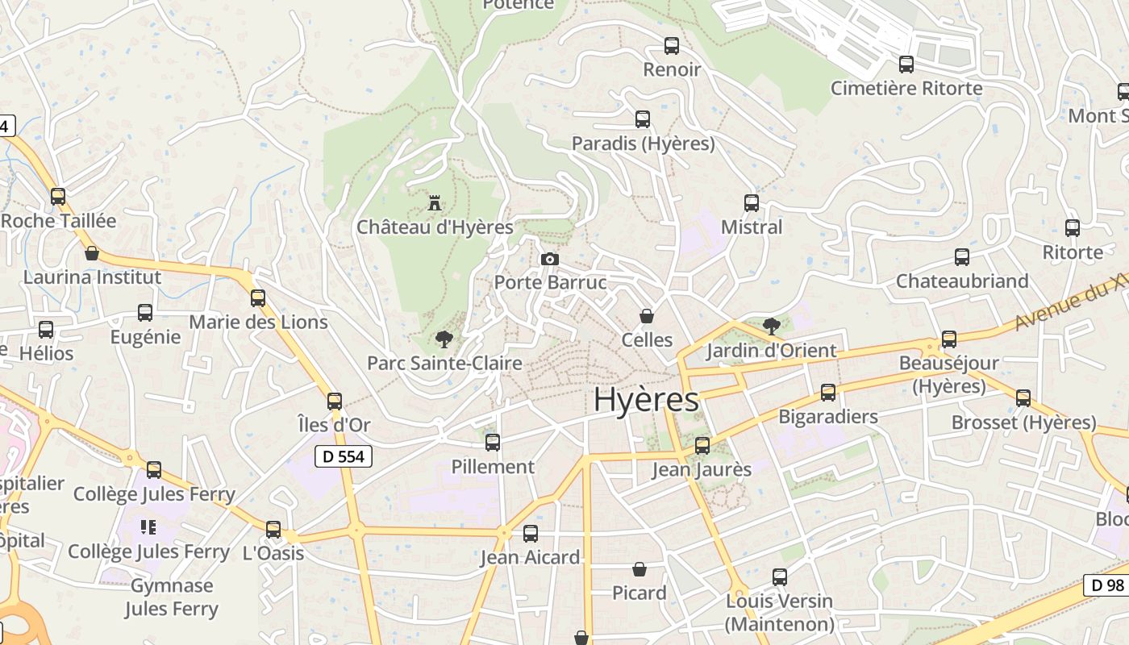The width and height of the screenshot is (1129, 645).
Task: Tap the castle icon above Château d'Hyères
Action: [435, 202]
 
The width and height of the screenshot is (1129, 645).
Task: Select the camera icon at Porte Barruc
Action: [550, 259]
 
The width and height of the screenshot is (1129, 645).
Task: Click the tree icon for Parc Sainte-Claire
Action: [443, 339]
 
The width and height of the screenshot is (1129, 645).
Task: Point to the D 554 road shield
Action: [344, 456]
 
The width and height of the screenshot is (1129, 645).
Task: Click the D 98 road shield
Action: [1104, 585]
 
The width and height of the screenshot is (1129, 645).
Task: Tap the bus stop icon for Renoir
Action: [671, 46]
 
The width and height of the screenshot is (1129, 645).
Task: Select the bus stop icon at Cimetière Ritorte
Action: [906, 64]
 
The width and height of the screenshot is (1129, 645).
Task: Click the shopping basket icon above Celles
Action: [646, 316]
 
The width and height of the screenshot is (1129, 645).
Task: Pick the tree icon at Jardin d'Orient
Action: [771, 327]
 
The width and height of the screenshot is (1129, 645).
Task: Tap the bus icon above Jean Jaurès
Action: [702, 446]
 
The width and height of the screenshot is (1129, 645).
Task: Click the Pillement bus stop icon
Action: [493, 443]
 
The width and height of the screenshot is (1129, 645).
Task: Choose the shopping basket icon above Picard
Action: [639, 569]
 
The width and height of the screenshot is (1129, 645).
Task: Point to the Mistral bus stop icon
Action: [752, 203]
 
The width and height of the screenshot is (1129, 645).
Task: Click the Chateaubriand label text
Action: [962, 281]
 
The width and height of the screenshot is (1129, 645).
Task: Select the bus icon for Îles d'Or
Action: [335, 402]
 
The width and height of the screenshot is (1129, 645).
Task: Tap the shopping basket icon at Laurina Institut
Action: [92, 253]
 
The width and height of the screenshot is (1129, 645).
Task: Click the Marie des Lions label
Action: [258, 322]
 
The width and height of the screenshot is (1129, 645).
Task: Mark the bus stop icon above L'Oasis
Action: [273, 530]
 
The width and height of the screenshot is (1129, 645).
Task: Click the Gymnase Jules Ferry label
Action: [172, 597]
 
